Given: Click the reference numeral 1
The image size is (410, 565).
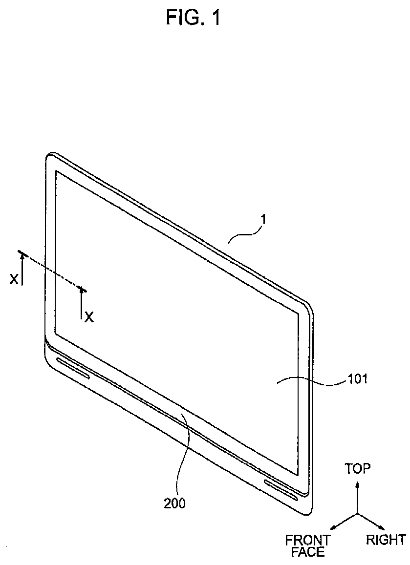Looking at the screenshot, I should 263,221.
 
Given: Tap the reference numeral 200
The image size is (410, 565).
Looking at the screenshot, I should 174,503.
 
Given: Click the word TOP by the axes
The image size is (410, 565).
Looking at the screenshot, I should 358,469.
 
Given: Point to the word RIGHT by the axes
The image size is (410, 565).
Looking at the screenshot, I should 386,540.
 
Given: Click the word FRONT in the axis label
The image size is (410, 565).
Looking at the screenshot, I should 307,541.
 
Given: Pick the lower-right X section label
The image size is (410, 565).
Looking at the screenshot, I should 88,317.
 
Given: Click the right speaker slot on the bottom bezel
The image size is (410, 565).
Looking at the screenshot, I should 281,490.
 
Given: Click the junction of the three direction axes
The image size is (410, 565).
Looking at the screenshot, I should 358,514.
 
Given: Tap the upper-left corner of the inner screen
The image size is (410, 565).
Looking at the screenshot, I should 57,171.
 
